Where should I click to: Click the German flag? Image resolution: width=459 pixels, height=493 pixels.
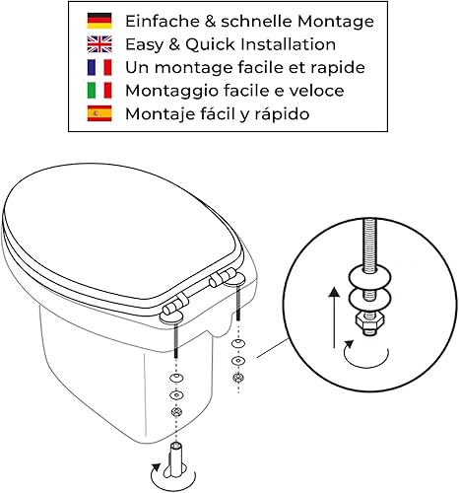99,21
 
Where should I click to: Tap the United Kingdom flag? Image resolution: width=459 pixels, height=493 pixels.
99,44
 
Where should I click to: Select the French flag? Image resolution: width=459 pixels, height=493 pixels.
99,67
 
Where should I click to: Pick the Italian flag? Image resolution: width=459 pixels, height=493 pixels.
99,91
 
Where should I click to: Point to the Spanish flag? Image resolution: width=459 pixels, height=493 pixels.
99,113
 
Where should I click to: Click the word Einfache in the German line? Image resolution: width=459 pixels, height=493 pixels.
163,21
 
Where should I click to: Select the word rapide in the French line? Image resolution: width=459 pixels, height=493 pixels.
338,68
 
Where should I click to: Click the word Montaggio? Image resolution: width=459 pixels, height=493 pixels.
171,92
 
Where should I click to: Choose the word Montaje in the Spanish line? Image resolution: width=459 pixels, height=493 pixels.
156,114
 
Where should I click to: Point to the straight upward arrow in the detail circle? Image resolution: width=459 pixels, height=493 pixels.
334,317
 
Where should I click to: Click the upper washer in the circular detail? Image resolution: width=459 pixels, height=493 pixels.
370,277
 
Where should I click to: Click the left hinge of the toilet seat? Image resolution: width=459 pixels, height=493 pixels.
173,309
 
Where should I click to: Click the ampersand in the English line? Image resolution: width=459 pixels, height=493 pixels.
174,44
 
